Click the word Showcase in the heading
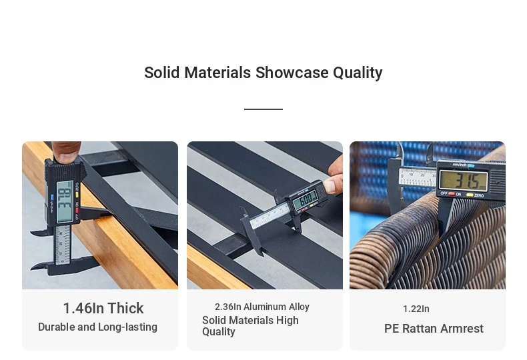tap(292, 73)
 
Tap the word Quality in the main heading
tap(358, 73)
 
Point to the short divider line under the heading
tap(263, 109)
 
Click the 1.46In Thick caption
tap(103, 308)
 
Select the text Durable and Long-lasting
tap(97, 327)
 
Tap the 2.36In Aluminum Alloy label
tap(261, 307)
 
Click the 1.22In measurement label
tap(416, 309)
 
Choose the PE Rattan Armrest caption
tap(434, 329)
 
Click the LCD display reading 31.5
tap(464, 181)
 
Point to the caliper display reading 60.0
tap(305, 201)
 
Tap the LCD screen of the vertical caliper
tap(65, 202)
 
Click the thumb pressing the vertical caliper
tap(66, 152)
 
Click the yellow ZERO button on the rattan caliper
tap(470, 195)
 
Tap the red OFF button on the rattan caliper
tap(452, 194)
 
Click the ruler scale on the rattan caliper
tap(417, 177)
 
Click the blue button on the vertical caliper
tap(52, 197)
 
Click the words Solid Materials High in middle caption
tap(250, 321)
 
